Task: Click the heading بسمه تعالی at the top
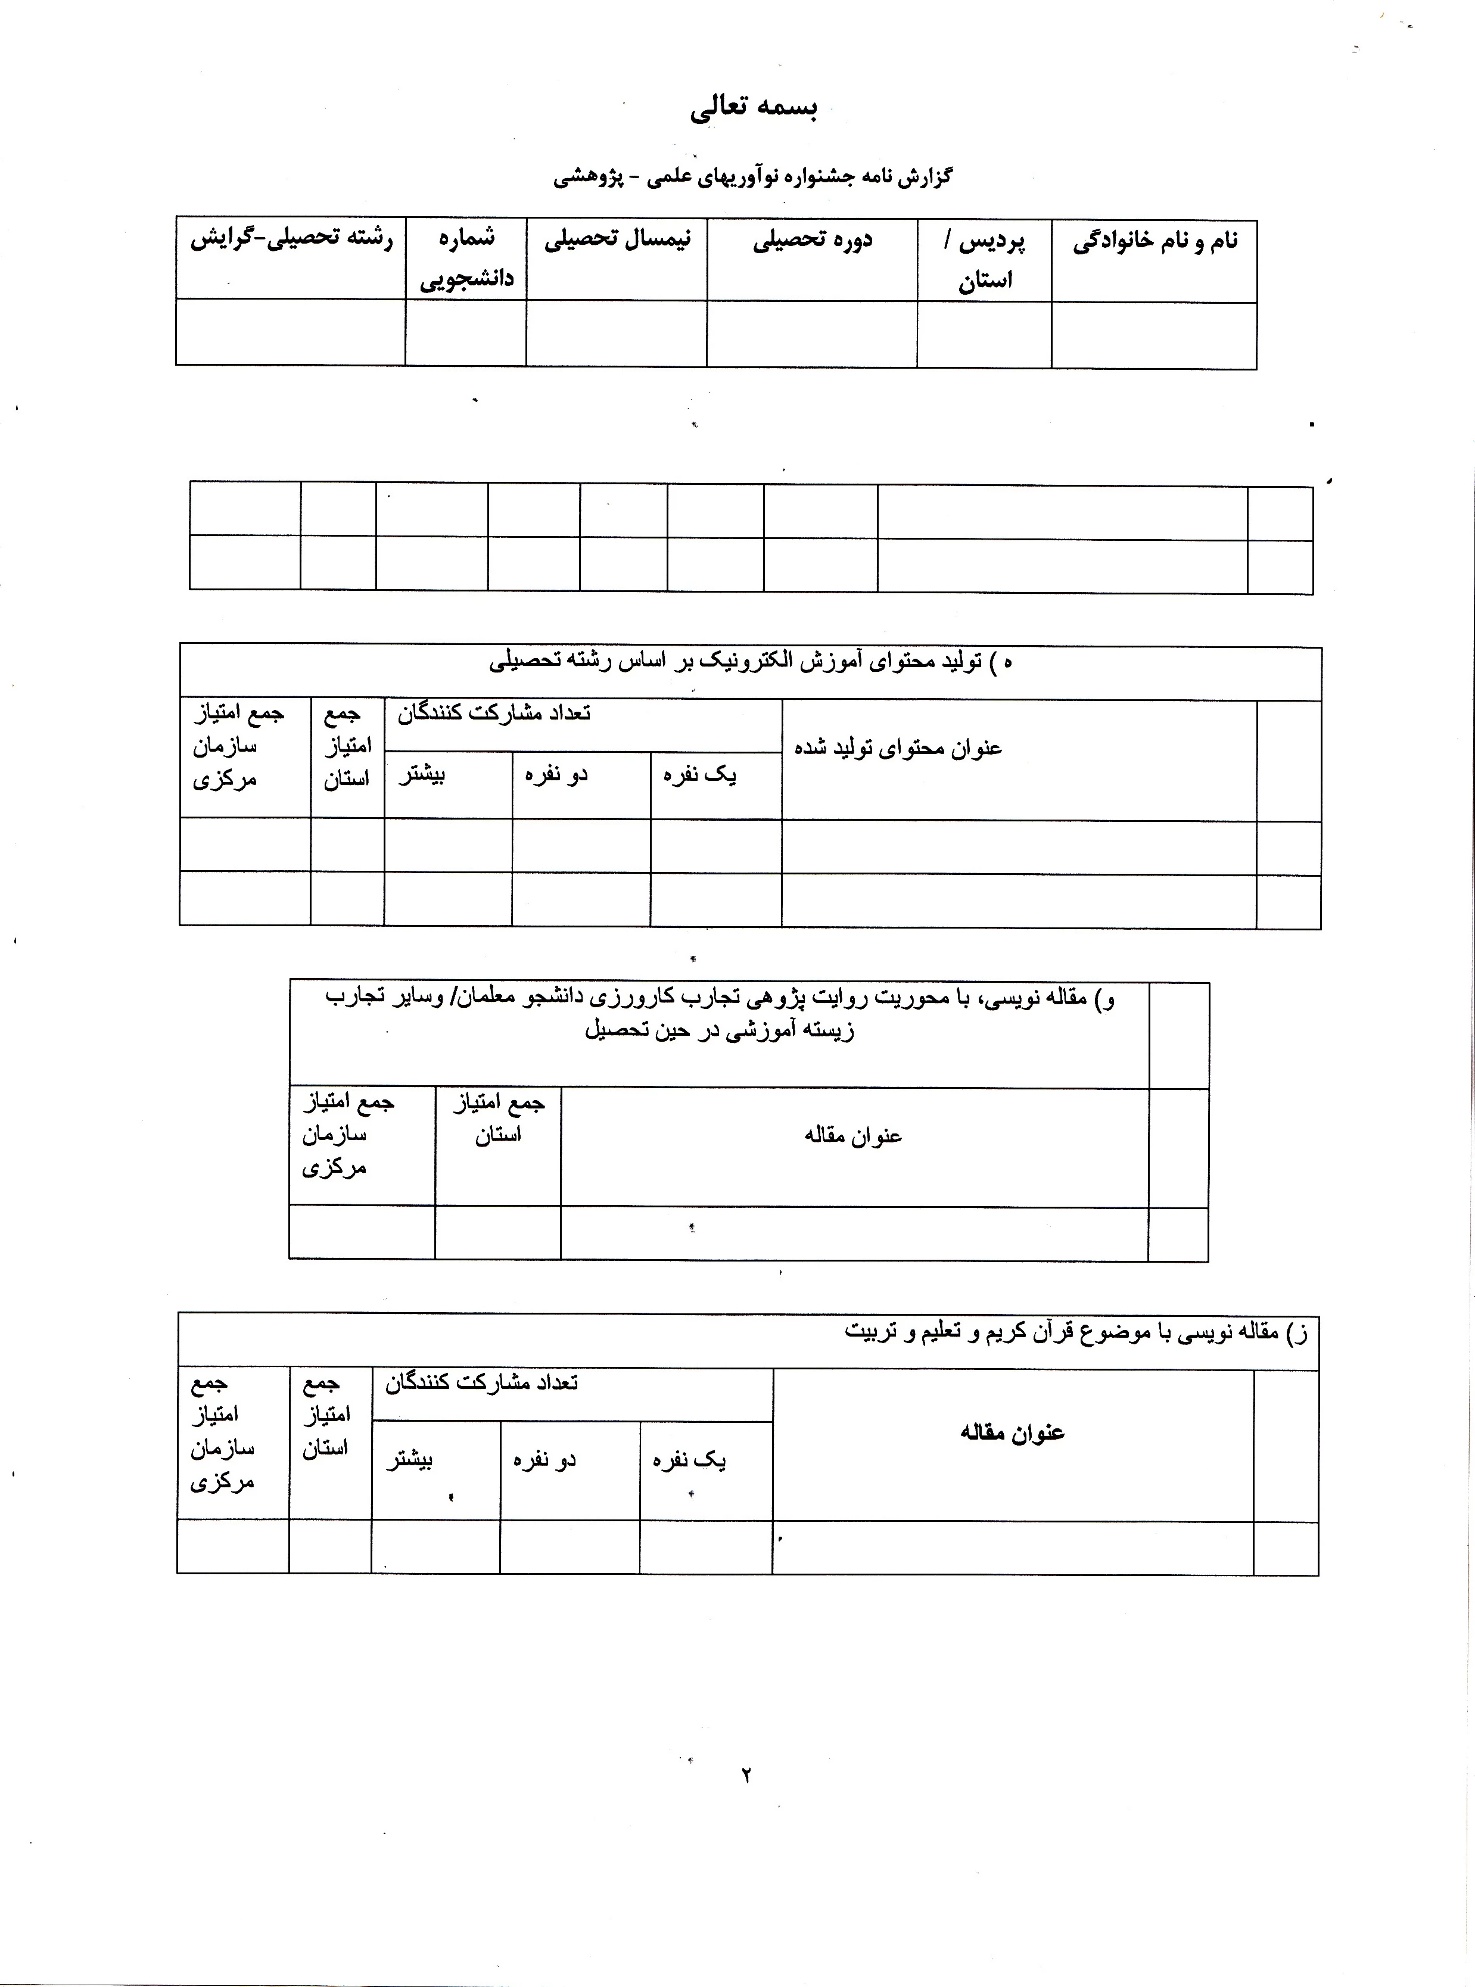pos(754,108)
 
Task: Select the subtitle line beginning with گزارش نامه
pos(752,177)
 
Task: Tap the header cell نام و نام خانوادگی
pos(1155,242)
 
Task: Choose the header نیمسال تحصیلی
pos(617,241)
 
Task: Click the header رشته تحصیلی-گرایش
pos(291,240)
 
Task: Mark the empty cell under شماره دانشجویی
pos(465,332)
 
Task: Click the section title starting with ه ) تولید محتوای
pos(750,662)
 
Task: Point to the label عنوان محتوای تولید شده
pos(898,748)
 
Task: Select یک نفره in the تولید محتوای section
pos(699,775)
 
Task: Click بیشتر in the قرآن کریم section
pos(410,1460)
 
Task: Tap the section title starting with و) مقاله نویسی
pos(720,1014)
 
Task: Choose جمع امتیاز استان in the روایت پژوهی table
pos(498,1119)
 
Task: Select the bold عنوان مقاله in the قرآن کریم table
pos(1013,1432)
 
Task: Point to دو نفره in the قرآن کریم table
pos(544,1460)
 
